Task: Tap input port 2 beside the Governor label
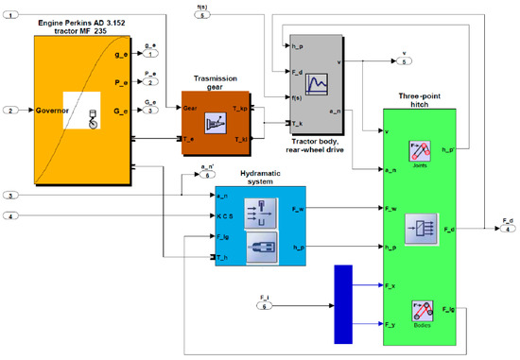point(10,111)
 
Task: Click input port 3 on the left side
point(10,196)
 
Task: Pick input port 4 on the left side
point(10,217)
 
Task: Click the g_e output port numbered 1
point(150,55)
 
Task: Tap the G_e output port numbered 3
point(150,111)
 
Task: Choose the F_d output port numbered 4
point(508,228)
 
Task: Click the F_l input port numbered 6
point(265,305)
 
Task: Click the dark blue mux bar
point(343,301)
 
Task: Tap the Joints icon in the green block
point(420,151)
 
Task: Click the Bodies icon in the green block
point(420,311)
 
